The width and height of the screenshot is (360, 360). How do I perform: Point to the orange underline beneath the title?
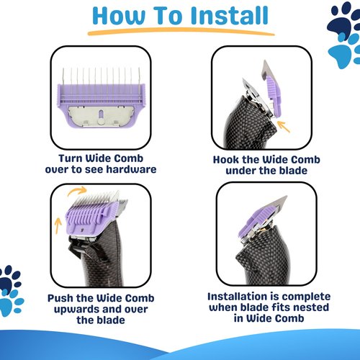181,31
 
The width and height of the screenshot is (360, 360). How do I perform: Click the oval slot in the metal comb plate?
101,114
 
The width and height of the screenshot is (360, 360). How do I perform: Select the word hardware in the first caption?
131,169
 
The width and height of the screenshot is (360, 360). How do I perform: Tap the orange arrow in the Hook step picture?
284,127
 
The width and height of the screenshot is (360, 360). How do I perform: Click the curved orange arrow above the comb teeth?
77,191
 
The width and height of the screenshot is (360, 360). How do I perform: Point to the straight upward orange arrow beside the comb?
58,225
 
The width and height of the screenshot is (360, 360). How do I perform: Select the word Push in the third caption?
60,298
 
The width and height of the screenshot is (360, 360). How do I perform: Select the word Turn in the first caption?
71,158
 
